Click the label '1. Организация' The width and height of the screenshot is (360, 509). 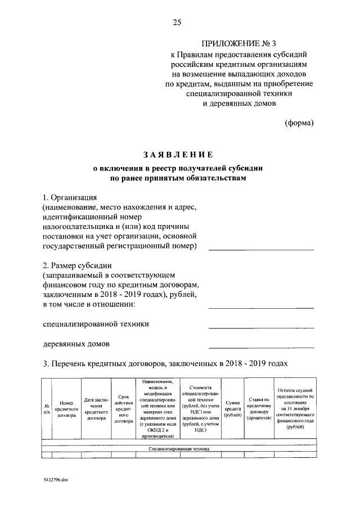(70, 198)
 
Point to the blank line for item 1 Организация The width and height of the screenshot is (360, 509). (261, 249)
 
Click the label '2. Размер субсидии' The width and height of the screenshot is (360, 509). (79, 265)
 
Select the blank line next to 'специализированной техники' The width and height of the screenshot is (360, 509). (261, 327)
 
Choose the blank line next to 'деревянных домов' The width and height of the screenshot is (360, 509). (261, 346)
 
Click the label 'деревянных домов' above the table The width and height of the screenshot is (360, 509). (76, 344)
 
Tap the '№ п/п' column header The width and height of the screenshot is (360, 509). (46, 410)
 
